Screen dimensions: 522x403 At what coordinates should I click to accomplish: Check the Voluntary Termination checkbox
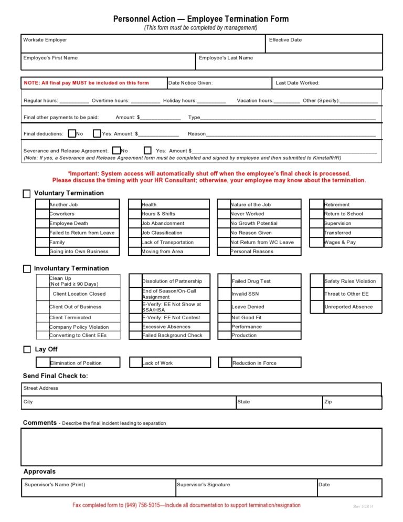click(27, 194)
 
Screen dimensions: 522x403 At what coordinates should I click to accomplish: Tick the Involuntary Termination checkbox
click(27, 269)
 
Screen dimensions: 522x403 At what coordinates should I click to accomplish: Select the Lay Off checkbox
click(27, 350)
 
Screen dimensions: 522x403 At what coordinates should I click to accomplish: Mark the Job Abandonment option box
click(135, 223)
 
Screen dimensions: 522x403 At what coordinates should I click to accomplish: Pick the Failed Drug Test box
click(225, 281)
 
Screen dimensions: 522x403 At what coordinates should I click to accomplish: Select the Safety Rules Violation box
click(317, 281)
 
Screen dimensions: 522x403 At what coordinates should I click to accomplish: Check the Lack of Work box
click(135, 363)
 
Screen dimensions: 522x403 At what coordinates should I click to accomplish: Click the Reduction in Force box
click(226, 363)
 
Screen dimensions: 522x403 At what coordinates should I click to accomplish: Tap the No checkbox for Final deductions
click(72, 134)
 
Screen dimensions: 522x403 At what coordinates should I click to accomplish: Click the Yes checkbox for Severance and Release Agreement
click(147, 151)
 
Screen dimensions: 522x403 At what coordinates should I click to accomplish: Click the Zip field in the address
click(352, 403)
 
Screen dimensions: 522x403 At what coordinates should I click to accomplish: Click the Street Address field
click(201, 389)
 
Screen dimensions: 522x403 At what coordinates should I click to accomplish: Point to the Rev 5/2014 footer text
click(363, 506)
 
